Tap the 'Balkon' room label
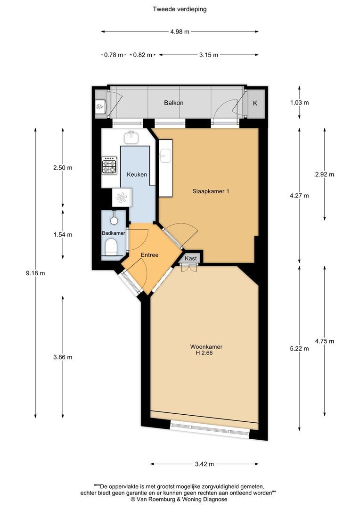coord(173,103)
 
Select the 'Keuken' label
coord(137,174)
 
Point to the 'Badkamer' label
coord(114,233)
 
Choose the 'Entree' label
coord(149,255)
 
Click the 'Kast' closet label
coord(191,259)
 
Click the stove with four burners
coord(110,166)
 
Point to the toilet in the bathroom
coord(112,246)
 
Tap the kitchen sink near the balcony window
coord(131,137)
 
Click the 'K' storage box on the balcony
coord(255,103)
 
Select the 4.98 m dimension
coord(180,32)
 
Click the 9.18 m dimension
coord(36,273)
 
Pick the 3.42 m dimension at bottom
coord(204,464)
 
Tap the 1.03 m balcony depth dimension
coord(300,103)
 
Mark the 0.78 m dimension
coord(113,55)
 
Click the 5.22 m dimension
coord(300,348)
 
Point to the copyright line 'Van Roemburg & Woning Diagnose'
coord(179,499)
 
